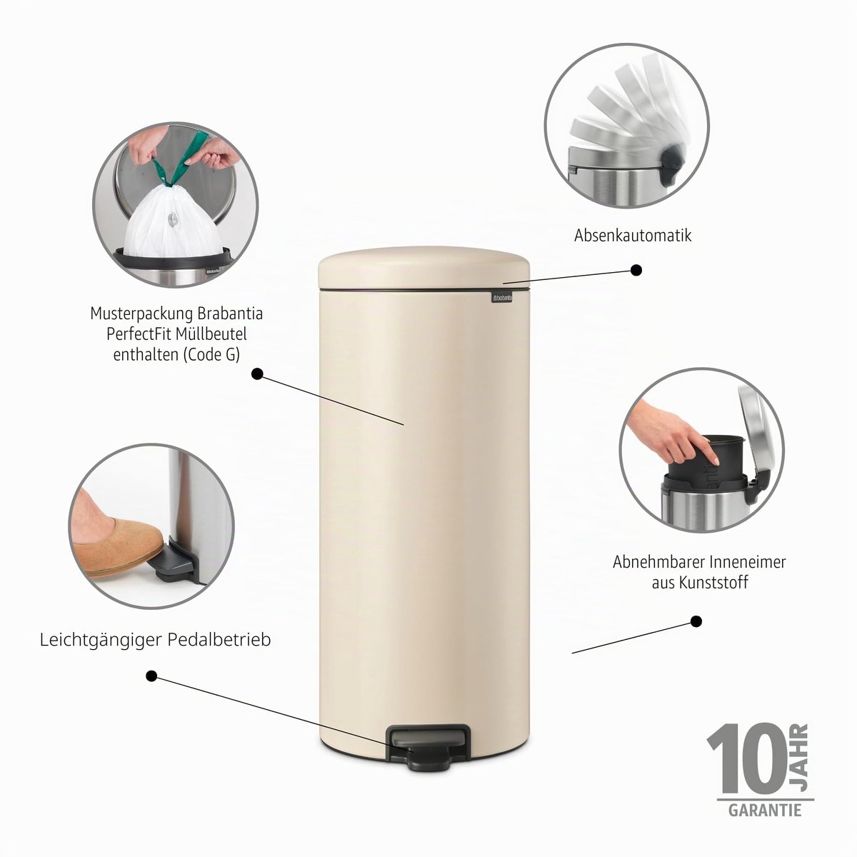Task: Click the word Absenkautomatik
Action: coord(633,235)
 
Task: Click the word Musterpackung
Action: coord(141,314)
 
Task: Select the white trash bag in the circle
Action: coord(174,222)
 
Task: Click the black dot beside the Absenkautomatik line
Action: coord(636,270)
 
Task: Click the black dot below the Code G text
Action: coord(257,374)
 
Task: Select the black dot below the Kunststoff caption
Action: coord(696,621)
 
